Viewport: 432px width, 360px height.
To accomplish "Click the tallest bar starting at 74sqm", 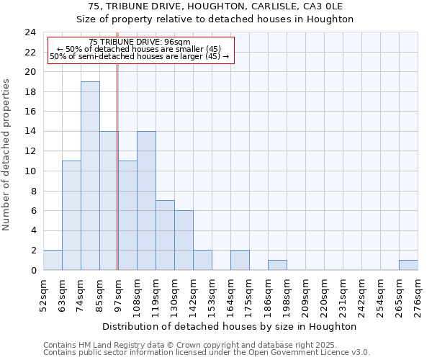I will coord(90,176).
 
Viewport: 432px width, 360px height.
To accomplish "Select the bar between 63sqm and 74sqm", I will coord(71,215).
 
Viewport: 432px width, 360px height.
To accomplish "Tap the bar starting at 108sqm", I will coord(146,201).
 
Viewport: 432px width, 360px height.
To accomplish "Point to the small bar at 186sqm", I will coord(277,265).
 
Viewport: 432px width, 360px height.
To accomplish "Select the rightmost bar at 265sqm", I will coord(408,265).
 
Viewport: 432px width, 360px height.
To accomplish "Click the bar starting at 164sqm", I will coord(240,260).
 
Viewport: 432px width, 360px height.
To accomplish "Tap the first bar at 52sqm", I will coord(53,260).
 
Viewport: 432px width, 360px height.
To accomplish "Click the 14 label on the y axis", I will coord(30,132).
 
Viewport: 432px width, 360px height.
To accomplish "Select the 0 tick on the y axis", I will coord(33,271).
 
